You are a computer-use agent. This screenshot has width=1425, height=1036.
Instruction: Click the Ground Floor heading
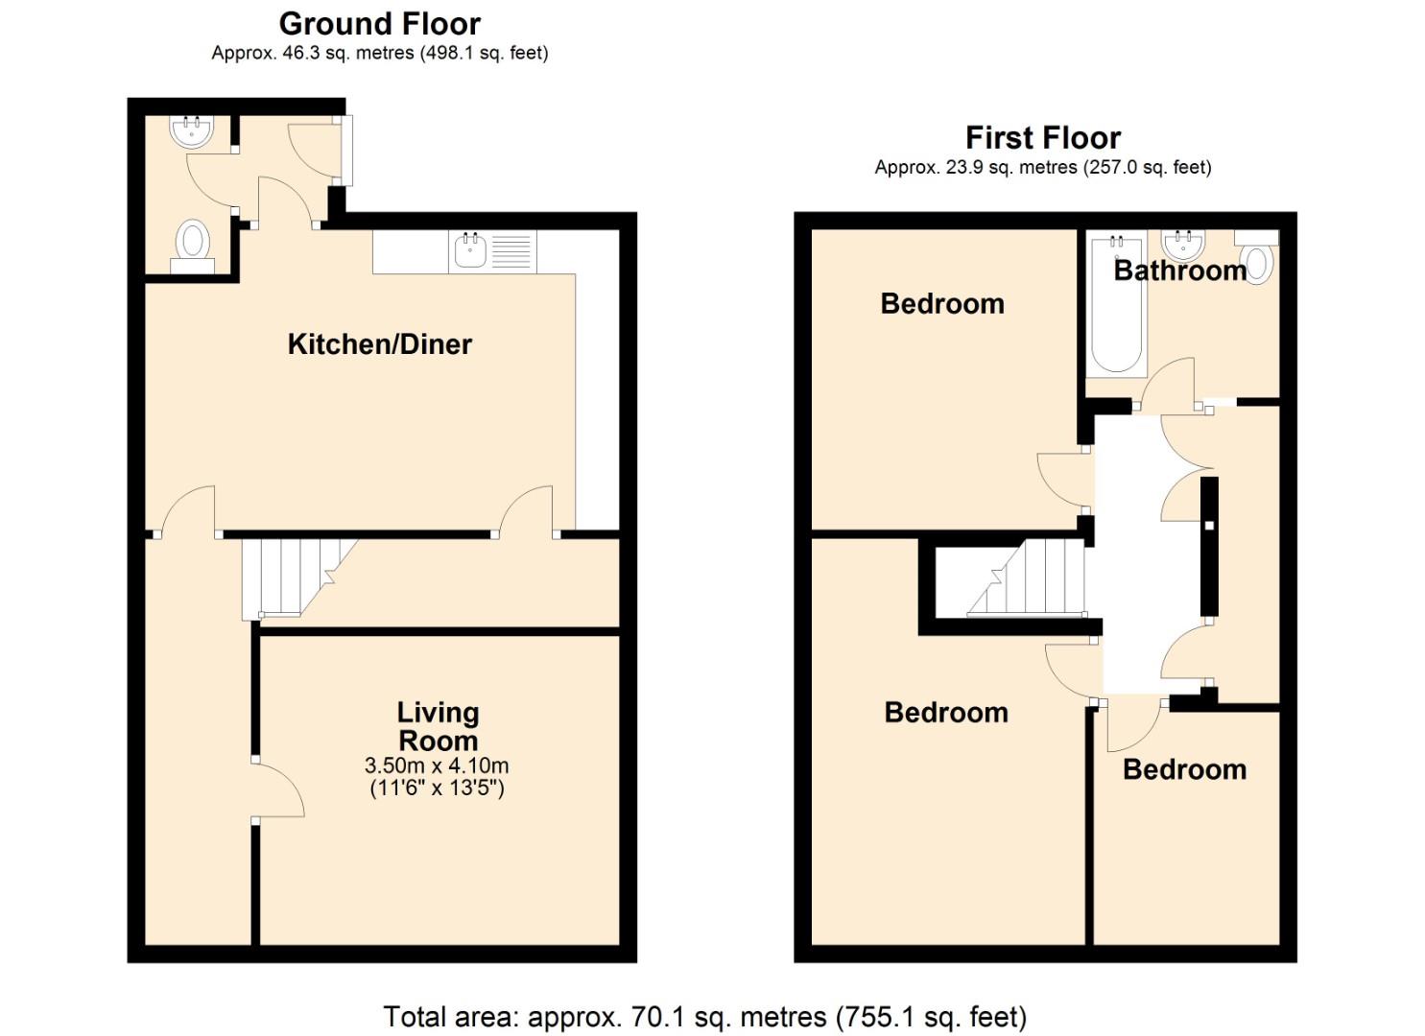tap(380, 25)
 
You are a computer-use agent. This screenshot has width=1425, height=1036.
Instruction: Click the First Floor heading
tap(1043, 138)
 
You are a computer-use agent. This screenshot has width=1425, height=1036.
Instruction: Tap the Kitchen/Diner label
tap(380, 344)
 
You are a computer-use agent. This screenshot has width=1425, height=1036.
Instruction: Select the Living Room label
tap(439, 727)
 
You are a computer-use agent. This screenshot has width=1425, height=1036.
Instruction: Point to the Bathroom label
tap(1180, 271)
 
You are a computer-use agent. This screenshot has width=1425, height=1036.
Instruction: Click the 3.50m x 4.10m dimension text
tap(437, 765)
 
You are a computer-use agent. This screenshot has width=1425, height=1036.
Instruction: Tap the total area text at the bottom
tap(705, 1016)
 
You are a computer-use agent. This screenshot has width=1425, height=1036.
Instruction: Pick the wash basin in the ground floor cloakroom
tap(192, 131)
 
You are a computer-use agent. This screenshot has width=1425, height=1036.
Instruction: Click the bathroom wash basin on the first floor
tap(1183, 245)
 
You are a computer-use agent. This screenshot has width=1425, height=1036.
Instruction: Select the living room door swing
tap(279, 789)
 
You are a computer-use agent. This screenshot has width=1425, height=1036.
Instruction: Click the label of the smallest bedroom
tap(1184, 770)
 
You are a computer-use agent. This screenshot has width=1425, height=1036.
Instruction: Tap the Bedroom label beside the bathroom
tap(942, 304)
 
